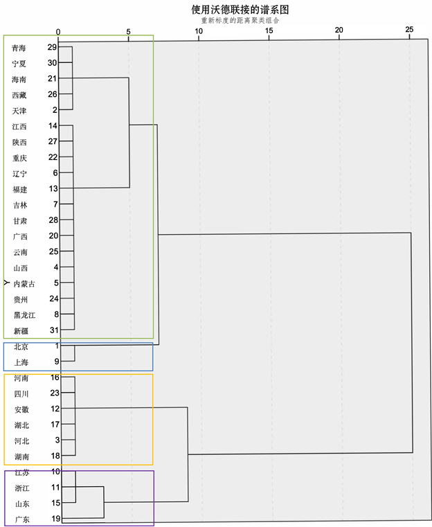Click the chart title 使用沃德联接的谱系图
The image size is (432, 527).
click(240, 10)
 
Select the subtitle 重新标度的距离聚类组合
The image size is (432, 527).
click(240, 20)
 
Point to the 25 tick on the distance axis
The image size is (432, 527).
click(409, 30)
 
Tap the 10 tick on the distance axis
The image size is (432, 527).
click(199, 30)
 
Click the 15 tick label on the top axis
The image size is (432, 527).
click(269, 30)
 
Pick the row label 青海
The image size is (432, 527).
click(20, 48)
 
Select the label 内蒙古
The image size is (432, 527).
click(24, 283)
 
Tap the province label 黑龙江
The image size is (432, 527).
click(24, 315)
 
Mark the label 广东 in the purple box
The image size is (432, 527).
click(21, 519)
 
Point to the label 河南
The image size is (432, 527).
click(21, 379)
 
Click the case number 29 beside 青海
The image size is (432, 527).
click(52, 47)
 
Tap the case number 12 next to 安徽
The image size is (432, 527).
click(55, 409)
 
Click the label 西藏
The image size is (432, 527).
click(20, 95)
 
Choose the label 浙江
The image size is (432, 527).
click(21, 488)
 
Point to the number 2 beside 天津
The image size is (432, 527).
click(54, 109)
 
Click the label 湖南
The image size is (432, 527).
click(21, 456)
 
